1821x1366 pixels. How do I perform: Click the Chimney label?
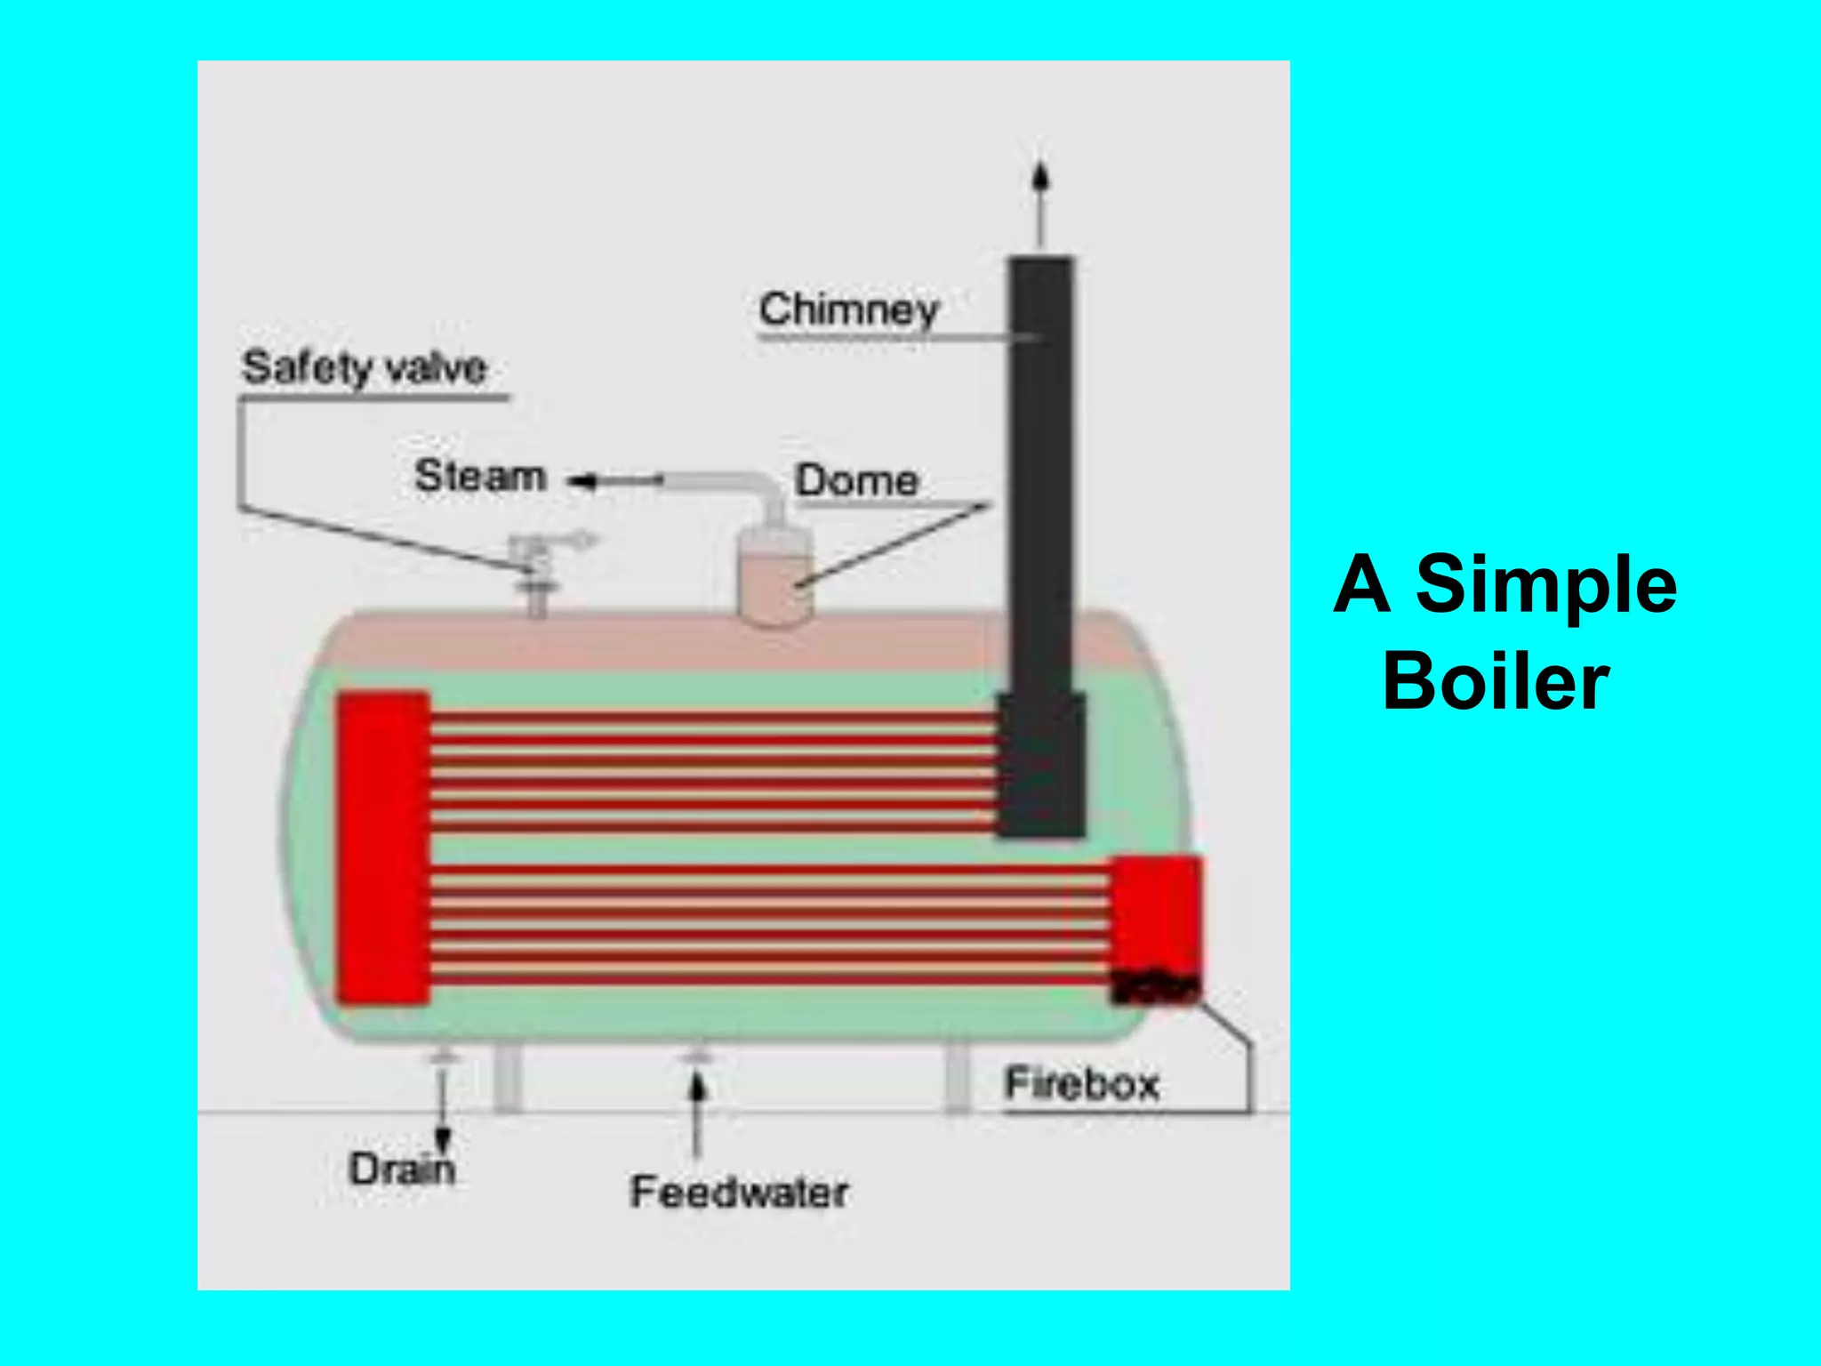point(848,309)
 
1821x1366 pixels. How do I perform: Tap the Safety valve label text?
point(365,367)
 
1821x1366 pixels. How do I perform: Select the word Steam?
point(480,476)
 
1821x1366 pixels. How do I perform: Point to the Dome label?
point(856,480)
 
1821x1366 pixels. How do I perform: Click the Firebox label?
point(1081,1084)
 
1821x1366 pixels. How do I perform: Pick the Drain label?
point(402,1169)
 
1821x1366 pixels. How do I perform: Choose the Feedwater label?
point(739,1192)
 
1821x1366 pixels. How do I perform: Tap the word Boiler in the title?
point(1496,681)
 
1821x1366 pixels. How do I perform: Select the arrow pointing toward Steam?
point(614,481)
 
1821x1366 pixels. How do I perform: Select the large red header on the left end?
point(383,848)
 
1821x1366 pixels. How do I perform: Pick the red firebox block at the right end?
point(1156,912)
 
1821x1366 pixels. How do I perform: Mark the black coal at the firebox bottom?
point(1154,986)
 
